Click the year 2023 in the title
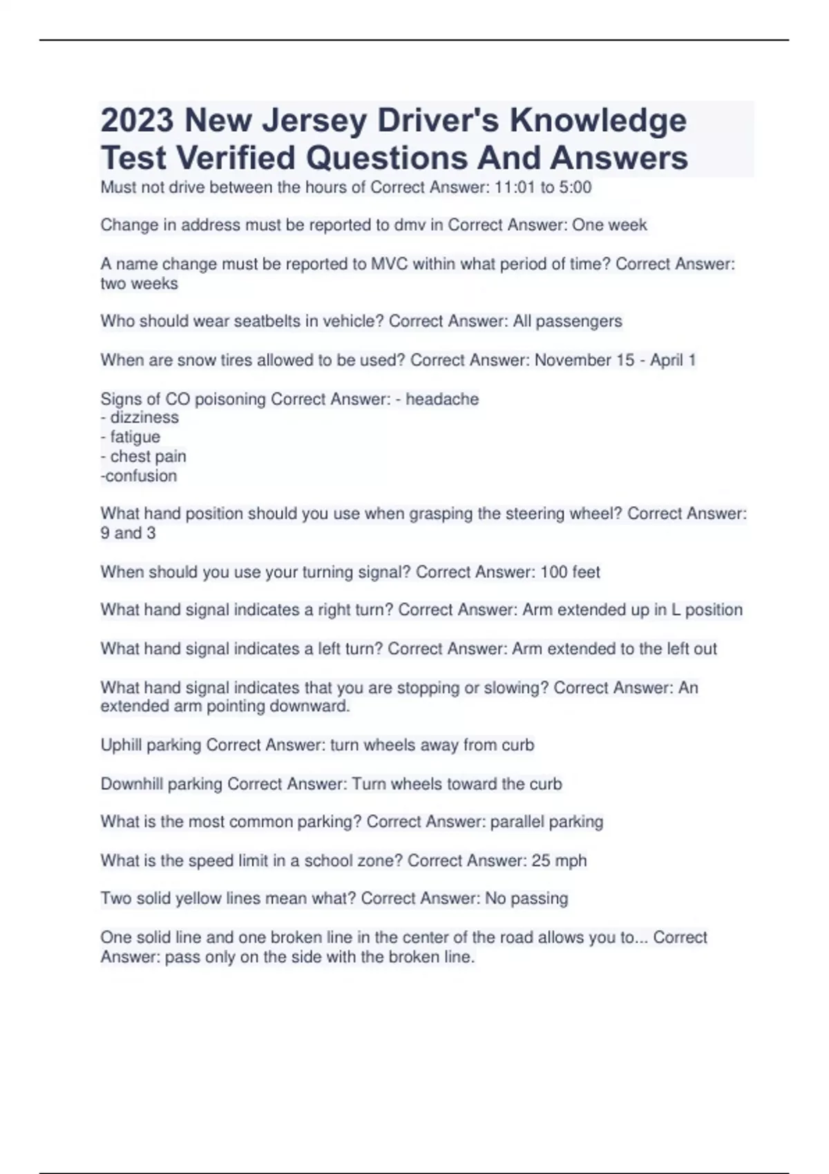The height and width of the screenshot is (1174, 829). click(x=137, y=121)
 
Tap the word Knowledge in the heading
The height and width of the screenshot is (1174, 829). click(x=598, y=121)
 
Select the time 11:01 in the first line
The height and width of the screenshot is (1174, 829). click(x=515, y=187)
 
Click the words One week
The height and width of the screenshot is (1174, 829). click(x=609, y=225)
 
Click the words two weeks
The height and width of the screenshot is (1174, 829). click(x=139, y=283)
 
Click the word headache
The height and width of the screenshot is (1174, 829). click(x=442, y=399)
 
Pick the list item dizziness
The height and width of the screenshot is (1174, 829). click(x=144, y=417)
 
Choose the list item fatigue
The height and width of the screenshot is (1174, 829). click(x=135, y=436)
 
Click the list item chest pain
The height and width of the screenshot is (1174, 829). click(x=148, y=456)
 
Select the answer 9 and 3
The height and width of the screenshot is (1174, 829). click(x=128, y=533)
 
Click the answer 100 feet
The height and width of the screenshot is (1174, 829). click(x=570, y=572)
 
